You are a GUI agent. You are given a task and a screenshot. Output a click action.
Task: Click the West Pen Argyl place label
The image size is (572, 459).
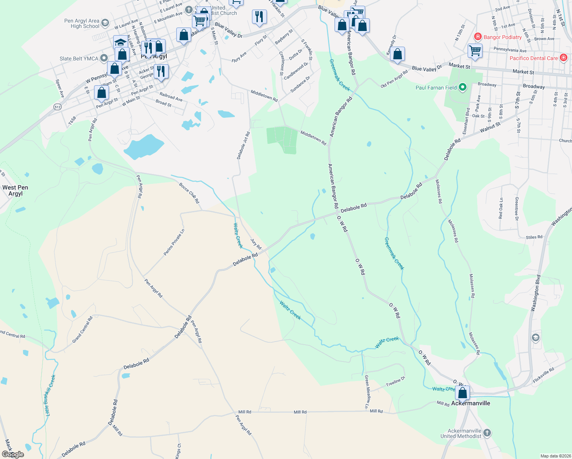[15, 190]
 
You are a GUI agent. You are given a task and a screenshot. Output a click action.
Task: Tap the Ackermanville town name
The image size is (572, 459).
[471, 403]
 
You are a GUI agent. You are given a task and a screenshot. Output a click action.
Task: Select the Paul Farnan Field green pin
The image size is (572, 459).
[463, 88]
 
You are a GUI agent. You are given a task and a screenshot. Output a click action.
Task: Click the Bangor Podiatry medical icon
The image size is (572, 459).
[478, 37]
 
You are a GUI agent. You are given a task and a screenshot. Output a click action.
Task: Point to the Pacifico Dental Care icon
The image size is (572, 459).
[563, 58]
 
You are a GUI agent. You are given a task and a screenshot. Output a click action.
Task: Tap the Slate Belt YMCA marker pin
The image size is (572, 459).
[104, 59]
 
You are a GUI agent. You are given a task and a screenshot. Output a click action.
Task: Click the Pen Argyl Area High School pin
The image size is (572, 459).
[105, 23]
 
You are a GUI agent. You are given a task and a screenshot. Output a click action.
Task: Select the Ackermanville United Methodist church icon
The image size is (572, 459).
[487, 433]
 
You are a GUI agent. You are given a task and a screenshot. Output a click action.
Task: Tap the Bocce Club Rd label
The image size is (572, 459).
[189, 193]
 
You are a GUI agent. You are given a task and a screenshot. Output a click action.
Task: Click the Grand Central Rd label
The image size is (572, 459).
[83, 329]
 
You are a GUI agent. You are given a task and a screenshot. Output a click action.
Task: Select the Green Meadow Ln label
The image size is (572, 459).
[367, 392]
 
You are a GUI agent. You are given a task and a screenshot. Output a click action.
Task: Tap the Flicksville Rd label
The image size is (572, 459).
[543, 376]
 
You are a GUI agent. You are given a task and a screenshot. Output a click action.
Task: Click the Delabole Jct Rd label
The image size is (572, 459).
[243, 145]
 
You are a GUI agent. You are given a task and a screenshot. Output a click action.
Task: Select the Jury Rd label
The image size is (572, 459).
[256, 244]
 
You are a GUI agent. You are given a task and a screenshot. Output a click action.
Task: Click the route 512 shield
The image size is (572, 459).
[58, 107]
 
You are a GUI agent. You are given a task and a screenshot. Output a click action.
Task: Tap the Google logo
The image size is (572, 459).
[13, 454]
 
